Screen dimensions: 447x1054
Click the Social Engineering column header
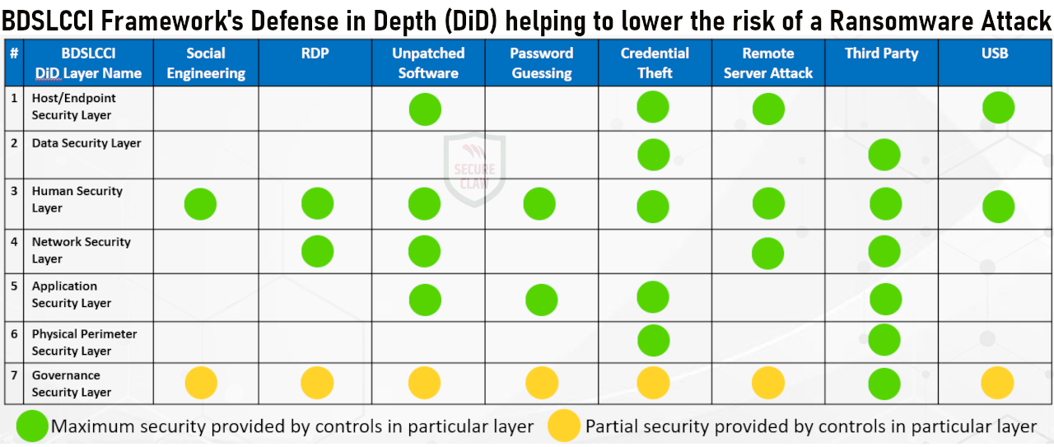pyautogui.click(x=206, y=63)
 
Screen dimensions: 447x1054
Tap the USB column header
pyautogui.click(x=995, y=54)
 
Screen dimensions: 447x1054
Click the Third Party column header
pyautogui.click(x=881, y=54)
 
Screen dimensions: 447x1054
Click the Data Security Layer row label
pyautogui.click(x=86, y=143)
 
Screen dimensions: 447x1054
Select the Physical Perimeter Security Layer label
pyautogui.click(x=85, y=342)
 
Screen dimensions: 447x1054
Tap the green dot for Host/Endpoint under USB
pyautogui.click(x=998, y=107)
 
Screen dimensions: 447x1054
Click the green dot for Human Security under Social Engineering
pyautogui.click(x=200, y=204)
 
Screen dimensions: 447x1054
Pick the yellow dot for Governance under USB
pyautogui.click(x=997, y=383)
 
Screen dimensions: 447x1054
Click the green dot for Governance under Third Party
pyautogui.click(x=885, y=384)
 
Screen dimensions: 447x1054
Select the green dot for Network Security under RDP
pyautogui.click(x=317, y=251)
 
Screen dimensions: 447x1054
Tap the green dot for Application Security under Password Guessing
pyautogui.click(x=541, y=300)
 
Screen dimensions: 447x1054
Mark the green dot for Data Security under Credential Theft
pyautogui.click(x=653, y=155)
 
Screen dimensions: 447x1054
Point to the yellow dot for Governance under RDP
pyautogui.click(x=317, y=383)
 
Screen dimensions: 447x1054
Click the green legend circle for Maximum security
pyautogui.click(x=32, y=426)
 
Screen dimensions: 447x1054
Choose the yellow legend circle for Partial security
pyautogui.click(x=564, y=426)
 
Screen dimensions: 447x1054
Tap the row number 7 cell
pyautogui.click(x=14, y=375)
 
